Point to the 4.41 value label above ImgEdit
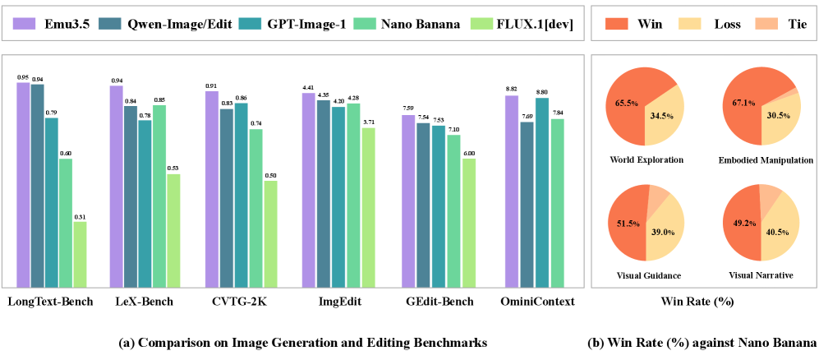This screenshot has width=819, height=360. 308,87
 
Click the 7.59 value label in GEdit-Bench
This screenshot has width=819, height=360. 407,108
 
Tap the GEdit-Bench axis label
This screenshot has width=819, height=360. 440,302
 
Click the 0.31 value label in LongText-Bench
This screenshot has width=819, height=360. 80,216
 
